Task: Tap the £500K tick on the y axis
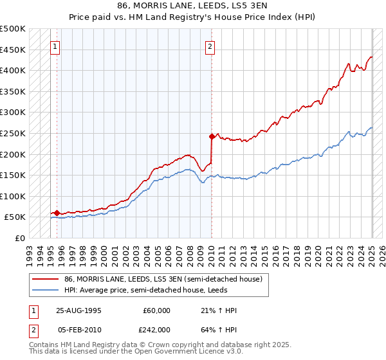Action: (13, 29)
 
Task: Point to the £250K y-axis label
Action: (13, 134)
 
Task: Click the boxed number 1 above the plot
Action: (55, 46)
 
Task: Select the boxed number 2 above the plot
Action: (210, 46)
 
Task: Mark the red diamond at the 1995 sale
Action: (57, 213)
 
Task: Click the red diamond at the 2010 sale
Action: (211, 136)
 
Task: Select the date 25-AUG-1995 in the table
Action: (79, 310)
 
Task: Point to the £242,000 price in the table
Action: (156, 328)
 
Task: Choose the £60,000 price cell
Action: (156, 310)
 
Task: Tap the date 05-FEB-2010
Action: (79, 328)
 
